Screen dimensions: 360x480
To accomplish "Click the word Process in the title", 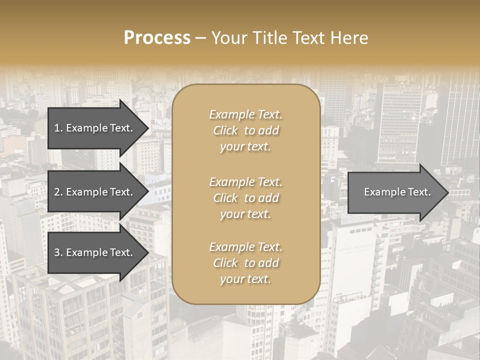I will pyautogui.click(x=157, y=38).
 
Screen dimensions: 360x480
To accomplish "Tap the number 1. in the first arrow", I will pyautogui.click(x=58, y=128).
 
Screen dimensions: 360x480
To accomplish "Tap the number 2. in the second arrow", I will pyautogui.click(x=58, y=192).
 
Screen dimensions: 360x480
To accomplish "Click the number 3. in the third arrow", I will pyautogui.click(x=58, y=252).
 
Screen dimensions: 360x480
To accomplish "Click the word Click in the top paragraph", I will pyautogui.click(x=225, y=130).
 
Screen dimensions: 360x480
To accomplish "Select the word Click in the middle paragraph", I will pyautogui.click(x=225, y=198).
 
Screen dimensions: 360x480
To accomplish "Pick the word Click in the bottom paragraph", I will pyautogui.click(x=225, y=263).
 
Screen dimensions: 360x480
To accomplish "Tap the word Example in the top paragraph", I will pyautogui.click(x=231, y=114).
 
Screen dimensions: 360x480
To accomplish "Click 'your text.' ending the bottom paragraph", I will pyautogui.click(x=245, y=279).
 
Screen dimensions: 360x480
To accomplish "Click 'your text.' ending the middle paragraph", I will pyautogui.click(x=245, y=214).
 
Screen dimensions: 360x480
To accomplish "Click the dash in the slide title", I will pyautogui.click(x=201, y=38).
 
